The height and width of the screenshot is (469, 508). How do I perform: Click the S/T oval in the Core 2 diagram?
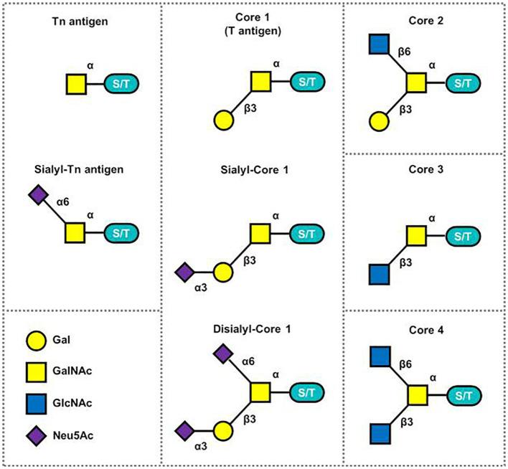[x=461, y=83]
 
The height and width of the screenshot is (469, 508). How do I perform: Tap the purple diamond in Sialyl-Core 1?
[x=185, y=272]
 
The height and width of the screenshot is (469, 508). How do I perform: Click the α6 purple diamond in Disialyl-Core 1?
[x=224, y=353]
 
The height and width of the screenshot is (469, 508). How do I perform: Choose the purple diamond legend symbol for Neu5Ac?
[x=35, y=434]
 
